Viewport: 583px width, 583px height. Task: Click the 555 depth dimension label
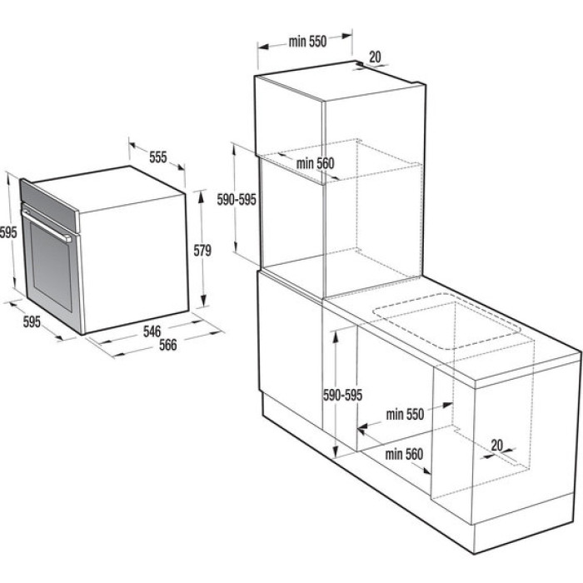158,157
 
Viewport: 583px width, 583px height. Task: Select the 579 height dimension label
202,250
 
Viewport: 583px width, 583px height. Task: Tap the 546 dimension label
152,331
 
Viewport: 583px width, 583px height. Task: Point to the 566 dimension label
167,345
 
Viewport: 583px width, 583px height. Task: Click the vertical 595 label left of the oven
8,232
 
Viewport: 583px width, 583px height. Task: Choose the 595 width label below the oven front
32,321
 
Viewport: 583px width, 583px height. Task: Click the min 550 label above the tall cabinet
307,42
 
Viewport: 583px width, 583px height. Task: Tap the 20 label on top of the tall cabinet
375,57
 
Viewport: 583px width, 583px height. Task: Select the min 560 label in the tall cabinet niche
315,163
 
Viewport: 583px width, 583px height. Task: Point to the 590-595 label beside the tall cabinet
237,200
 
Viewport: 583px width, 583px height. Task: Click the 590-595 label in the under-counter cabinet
342,395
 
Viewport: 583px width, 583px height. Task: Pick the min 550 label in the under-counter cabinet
405,414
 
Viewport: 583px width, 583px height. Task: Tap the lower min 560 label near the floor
404,454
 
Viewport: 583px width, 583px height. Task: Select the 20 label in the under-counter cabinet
496,445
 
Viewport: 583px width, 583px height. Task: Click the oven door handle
47,225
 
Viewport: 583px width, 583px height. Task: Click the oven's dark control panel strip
49,206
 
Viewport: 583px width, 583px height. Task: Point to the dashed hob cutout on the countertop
446,321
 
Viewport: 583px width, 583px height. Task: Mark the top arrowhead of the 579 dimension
202,196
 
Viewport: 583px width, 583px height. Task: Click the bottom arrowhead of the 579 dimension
203,301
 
